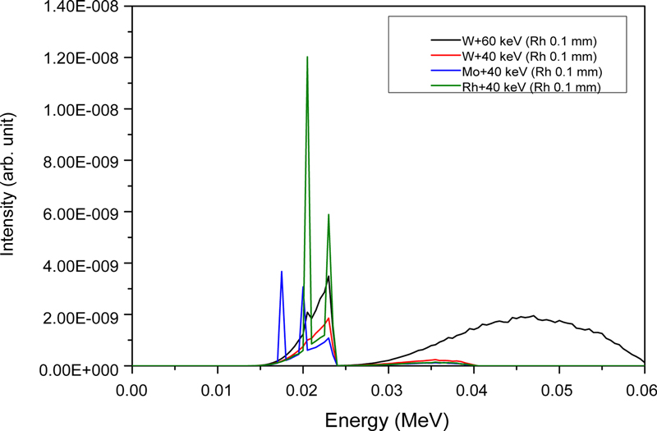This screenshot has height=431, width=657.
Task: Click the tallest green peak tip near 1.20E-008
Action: tap(307, 57)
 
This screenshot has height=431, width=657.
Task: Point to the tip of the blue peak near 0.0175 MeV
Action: tap(282, 272)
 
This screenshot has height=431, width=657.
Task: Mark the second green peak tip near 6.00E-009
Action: tap(328, 215)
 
